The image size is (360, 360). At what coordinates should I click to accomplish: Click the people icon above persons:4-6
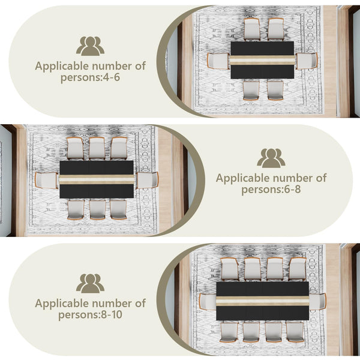(90, 46)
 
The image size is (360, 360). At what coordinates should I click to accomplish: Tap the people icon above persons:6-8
(271, 158)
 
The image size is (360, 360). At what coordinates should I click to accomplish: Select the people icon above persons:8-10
(90, 283)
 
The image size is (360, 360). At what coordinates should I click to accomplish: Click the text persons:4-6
(90, 77)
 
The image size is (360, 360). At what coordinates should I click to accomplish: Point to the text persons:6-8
(271, 190)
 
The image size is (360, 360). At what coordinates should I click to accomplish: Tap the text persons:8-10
(90, 315)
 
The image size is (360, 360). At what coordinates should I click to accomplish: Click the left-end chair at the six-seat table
(218, 61)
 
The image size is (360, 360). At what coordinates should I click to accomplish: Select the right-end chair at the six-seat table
(306, 61)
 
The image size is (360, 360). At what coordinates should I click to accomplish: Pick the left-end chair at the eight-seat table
(47, 181)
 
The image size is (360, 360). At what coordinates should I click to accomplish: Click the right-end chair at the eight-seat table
(147, 180)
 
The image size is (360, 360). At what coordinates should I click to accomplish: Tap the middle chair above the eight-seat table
(97, 149)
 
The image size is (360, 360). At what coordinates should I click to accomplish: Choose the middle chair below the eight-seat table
(98, 209)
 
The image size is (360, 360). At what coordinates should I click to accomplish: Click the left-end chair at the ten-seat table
(208, 302)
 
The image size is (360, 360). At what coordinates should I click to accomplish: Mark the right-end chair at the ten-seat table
(317, 301)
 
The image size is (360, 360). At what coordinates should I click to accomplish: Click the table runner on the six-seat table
(262, 60)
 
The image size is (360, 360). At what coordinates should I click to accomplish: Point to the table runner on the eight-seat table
(97, 179)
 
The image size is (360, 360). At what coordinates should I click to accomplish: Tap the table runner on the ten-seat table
(263, 301)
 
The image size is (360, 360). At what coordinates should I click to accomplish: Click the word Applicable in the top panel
(62, 67)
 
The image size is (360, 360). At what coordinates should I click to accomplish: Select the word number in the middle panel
(295, 178)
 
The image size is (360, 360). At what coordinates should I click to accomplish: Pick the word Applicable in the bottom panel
(62, 304)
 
